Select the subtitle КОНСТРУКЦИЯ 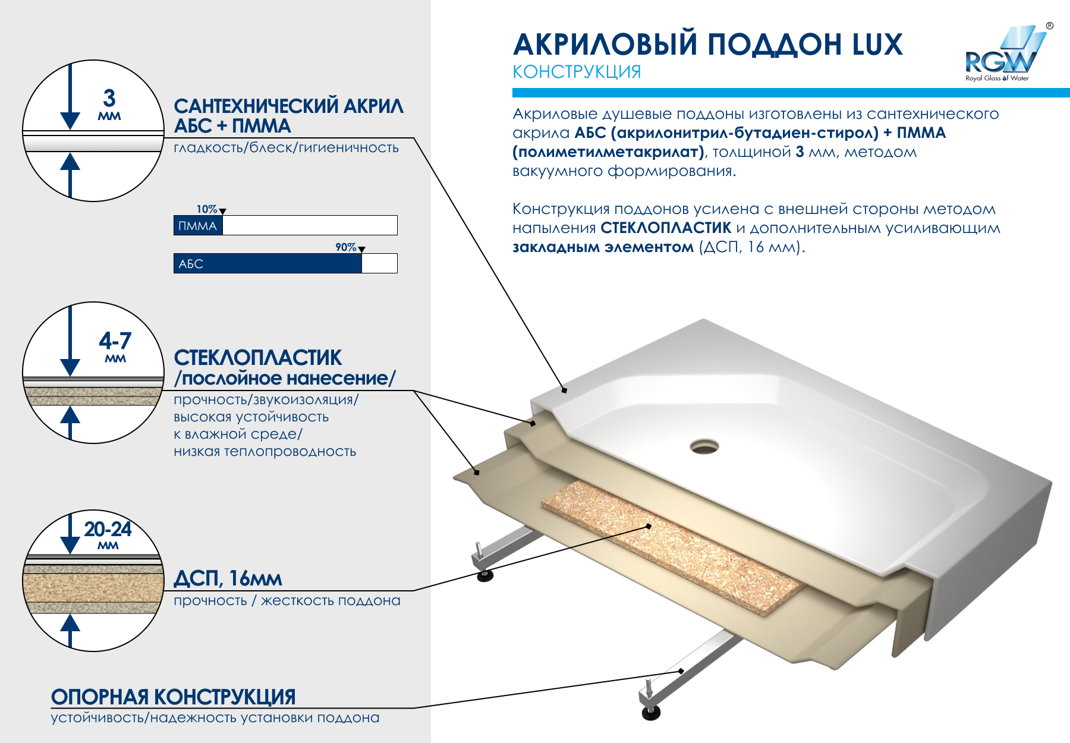point(577,72)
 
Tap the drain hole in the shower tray point(704,446)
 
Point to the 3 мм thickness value point(109,103)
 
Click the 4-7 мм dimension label point(115,345)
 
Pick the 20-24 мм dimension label point(108,533)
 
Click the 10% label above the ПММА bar point(207,209)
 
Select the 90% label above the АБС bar point(346,247)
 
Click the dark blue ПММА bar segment point(198,226)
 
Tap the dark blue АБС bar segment point(267,264)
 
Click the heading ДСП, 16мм point(228,578)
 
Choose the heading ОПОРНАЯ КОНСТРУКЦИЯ point(173,697)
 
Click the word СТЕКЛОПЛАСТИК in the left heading point(258,358)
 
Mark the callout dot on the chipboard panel point(649,526)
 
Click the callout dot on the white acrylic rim point(564,391)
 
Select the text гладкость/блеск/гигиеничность point(286,148)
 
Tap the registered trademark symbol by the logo point(1050,26)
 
